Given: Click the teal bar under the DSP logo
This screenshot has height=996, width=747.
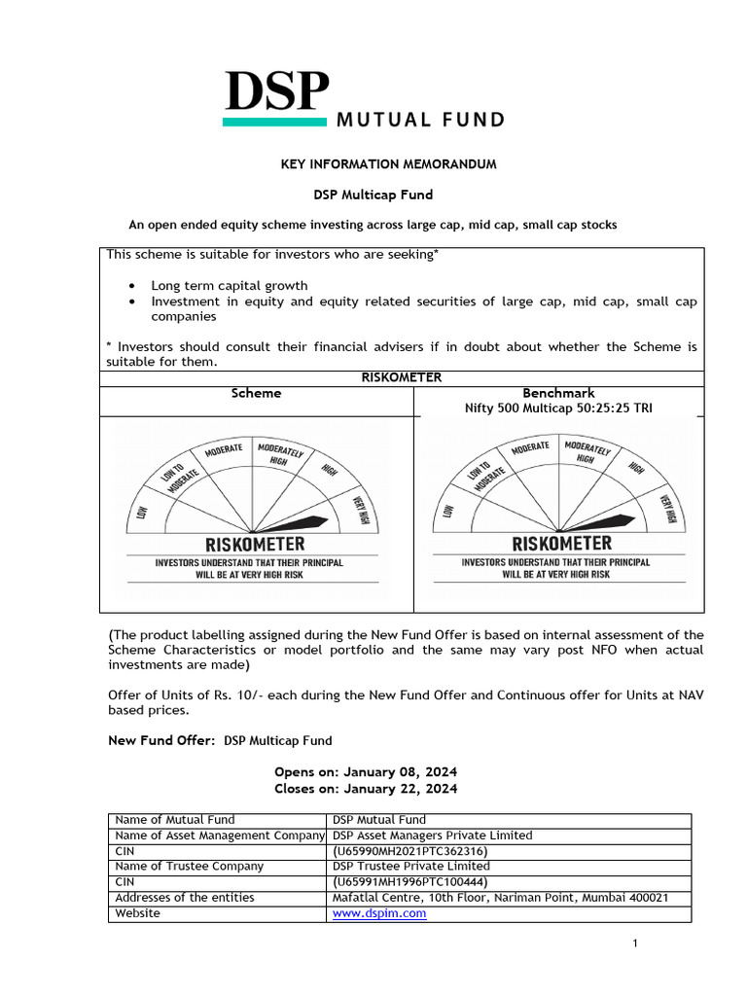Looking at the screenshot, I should (275, 123).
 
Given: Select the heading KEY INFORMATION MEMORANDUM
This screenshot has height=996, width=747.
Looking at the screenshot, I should (388, 164).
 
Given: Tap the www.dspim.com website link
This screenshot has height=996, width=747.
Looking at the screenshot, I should (379, 913).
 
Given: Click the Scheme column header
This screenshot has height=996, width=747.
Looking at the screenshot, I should (256, 393).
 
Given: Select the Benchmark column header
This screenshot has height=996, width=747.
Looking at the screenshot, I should (558, 393).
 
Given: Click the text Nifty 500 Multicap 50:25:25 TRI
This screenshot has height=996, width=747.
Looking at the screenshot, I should (558, 409).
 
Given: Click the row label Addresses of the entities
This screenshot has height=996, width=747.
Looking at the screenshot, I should (184, 897).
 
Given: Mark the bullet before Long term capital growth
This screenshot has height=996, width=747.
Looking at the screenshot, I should (132, 286).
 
